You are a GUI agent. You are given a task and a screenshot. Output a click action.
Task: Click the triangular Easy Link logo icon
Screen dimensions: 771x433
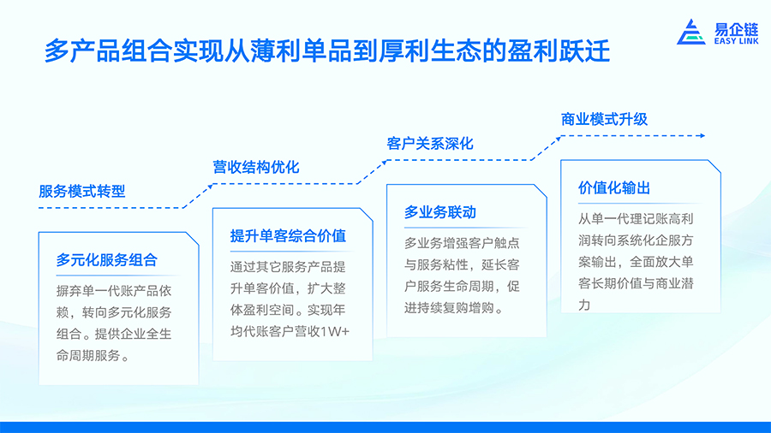pos(691,33)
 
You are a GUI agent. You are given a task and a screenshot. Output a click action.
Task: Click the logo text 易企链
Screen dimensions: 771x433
pos(736,29)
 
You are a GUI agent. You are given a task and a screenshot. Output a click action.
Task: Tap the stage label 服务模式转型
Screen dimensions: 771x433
pos(82,191)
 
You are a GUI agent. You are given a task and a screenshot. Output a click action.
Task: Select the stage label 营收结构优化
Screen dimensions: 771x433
pos(255,167)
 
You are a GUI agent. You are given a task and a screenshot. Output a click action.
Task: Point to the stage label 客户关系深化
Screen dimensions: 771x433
pos(430,144)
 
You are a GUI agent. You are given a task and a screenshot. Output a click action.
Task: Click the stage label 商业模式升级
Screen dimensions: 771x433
pos(604,119)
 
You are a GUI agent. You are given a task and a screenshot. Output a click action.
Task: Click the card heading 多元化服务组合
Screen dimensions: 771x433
pos(107,259)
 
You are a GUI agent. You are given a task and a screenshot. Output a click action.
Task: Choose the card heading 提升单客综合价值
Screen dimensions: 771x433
pos(288,235)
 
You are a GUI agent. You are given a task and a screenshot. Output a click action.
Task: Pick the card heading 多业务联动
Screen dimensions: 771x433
pos(440,212)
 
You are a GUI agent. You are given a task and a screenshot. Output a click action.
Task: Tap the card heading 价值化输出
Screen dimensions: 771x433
pos(614,187)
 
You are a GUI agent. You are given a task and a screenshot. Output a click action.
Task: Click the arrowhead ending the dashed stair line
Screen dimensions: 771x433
pos(702,135)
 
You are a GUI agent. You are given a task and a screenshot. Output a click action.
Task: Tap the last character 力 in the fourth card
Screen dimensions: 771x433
pos(584,305)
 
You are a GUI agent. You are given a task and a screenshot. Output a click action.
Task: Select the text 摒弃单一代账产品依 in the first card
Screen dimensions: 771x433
pos(114,291)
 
